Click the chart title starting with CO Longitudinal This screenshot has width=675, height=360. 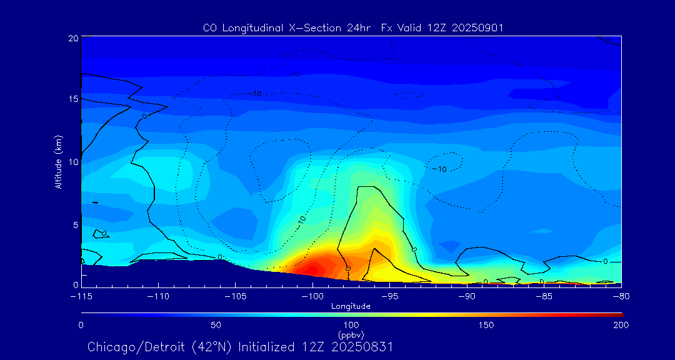pyautogui.click(x=353, y=27)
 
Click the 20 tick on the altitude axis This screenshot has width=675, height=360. pyautogui.click(x=73, y=38)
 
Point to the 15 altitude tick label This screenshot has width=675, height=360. pyautogui.click(x=73, y=99)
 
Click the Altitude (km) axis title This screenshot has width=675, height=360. pyautogui.click(x=59, y=162)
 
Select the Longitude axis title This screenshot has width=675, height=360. pyautogui.click(x=351, y=306)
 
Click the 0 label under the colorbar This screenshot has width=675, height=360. pyautogui.click(x=81, y=325)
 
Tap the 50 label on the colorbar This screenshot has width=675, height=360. pyautogui.click(x=216, y=325)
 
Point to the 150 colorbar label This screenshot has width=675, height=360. pyautogui.click(x=486, y=325)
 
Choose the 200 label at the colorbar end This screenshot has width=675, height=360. pyautogui.click(x=621, y=325)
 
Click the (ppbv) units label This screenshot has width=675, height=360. pyautogui.click(x=351, y=334)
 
